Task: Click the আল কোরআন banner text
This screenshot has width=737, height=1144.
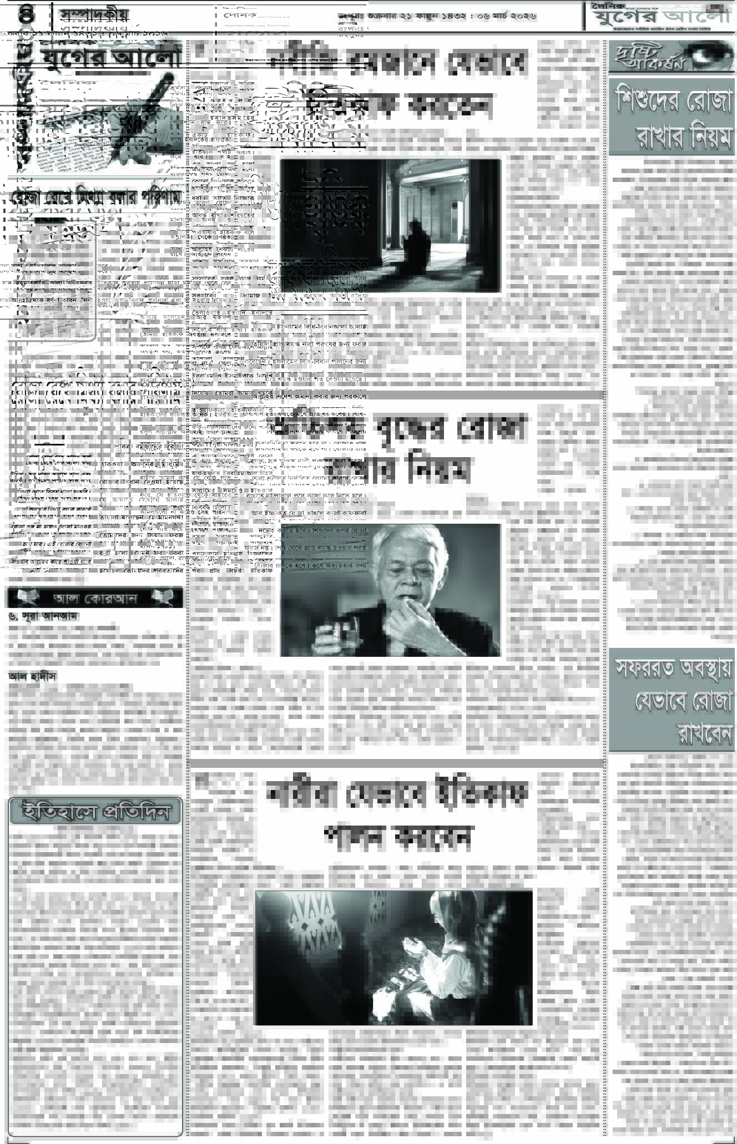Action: pyautogui.click(x=95, y=598)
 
